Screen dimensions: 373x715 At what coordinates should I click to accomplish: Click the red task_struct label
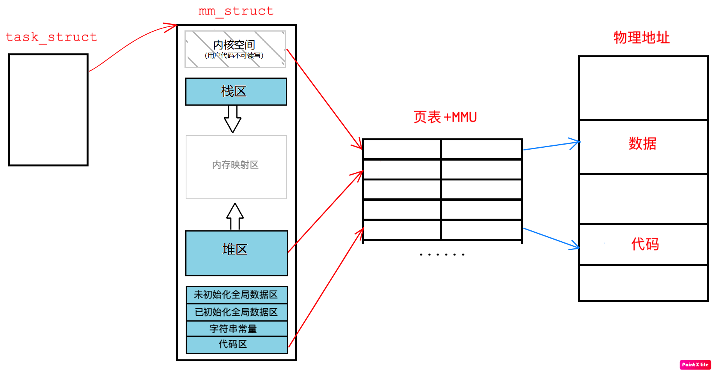(x=51, y=37)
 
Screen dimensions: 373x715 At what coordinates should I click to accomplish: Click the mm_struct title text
(x=236, y=11)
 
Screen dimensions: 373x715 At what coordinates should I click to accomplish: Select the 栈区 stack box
(x=236, y=92)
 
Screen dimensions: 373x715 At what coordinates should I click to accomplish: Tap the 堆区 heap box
(x=236, y=253)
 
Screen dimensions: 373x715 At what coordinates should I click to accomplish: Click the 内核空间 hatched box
(x=235, y=49)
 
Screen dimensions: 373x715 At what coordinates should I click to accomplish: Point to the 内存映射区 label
(x=236, y=165)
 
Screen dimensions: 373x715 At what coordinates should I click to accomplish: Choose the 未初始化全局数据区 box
(x=236, y=295)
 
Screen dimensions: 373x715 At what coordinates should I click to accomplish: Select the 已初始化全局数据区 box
(x=236, y=312)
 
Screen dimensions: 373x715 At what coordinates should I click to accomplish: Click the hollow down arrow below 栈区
(x=232, y=119)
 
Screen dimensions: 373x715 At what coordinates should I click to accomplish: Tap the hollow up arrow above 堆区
(x=235, y=216)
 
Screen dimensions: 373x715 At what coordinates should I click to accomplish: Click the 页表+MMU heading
(x=445, y=117)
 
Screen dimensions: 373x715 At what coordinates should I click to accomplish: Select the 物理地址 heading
(x=642, y=37)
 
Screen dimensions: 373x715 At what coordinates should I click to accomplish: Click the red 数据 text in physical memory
(x=642, y=143)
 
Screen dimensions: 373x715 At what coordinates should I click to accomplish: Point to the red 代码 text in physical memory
(x=645, y=244)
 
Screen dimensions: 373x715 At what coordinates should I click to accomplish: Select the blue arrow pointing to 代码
(x=551, y=238)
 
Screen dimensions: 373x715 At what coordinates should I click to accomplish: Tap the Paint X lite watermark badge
(x=695, y=364)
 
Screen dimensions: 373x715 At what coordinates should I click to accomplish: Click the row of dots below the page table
(x=442, y=255)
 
